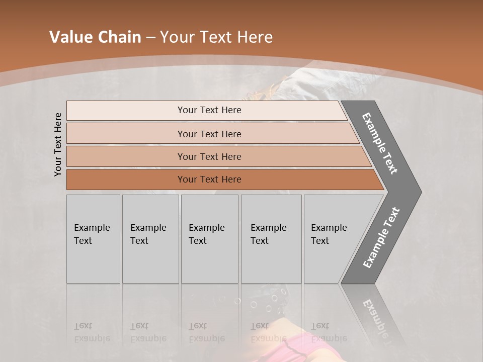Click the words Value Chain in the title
(x=95, y=37)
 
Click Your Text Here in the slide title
(x=216, y=37)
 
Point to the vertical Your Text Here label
(x=58, y=144)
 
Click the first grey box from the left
(x=93, y=239)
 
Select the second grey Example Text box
(x=150, y=239)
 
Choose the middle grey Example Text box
(x=209, y=239)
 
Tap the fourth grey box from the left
(x=271, y=239)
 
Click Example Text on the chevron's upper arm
(x=380, y=143)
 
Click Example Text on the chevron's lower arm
(x=381, y=238)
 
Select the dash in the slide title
(x=150, y=38)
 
